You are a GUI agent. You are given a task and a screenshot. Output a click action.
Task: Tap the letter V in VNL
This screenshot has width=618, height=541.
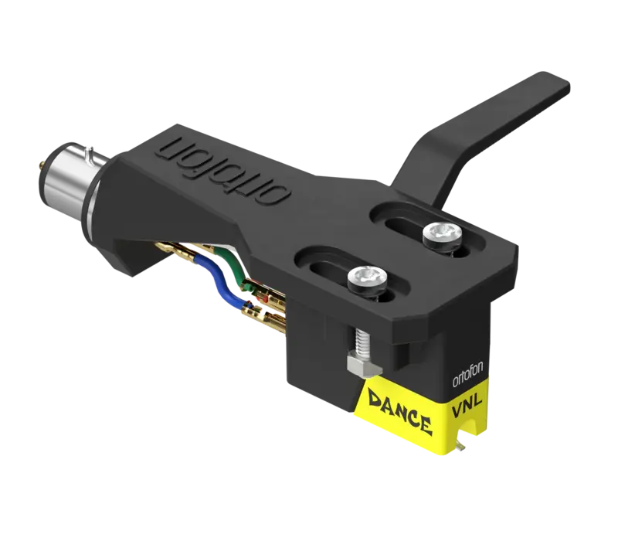pyautogui.click(x=457, y=411)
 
